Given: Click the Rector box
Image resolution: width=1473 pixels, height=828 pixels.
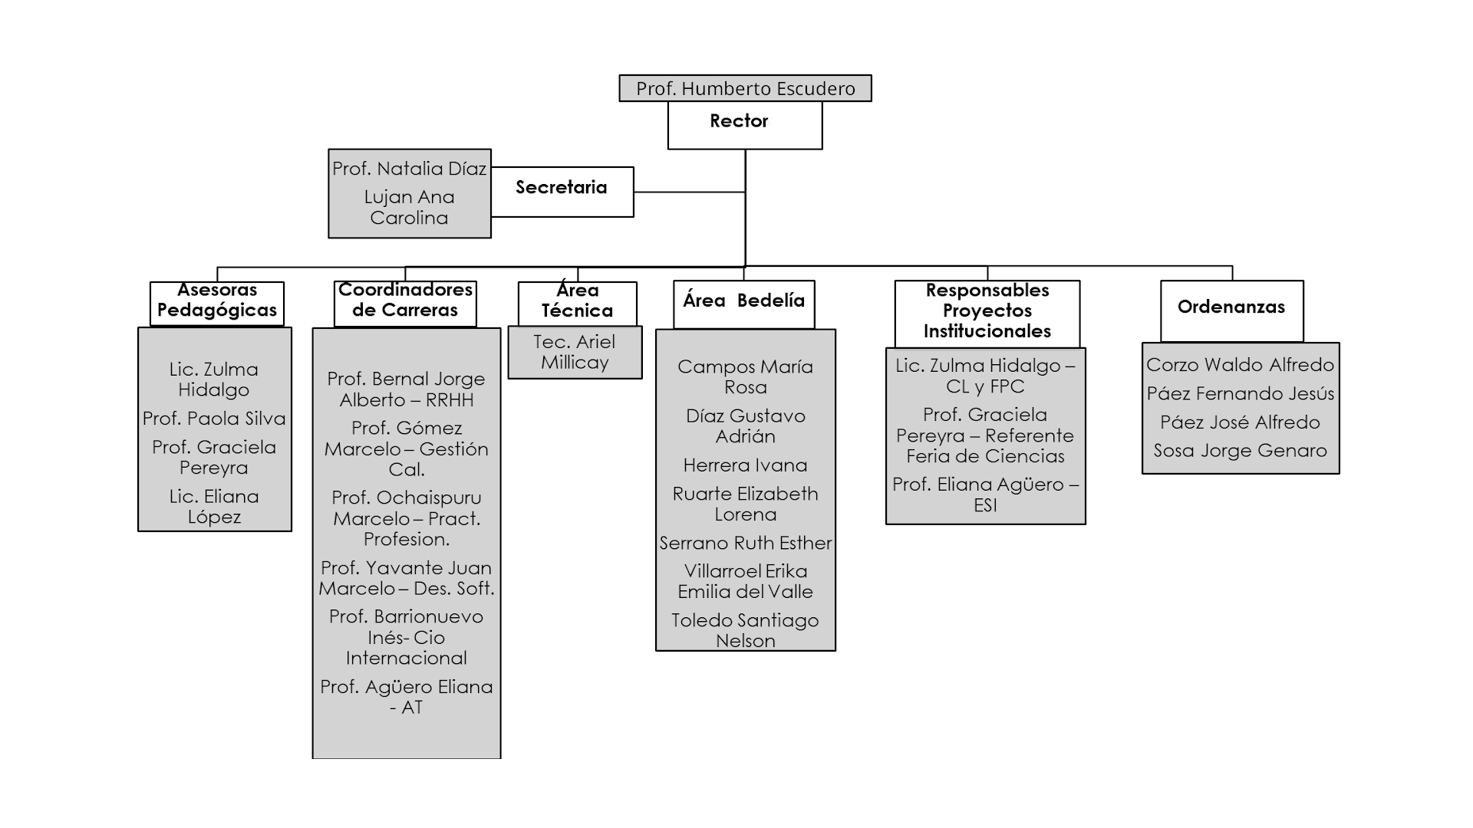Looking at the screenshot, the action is coord(745,125).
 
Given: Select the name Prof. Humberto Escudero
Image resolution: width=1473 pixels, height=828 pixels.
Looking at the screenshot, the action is coord(746,89).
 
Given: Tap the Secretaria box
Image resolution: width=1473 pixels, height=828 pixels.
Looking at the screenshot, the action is coord(562,192).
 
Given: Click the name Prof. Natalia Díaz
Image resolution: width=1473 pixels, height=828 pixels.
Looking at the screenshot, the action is coord(410,169).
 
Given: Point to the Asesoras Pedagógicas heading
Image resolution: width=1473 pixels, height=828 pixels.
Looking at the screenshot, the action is coord(217,301).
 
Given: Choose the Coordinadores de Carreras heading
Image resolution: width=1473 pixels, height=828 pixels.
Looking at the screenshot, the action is coord(405,301).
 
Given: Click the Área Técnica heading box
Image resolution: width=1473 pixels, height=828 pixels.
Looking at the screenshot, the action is coord(578,304).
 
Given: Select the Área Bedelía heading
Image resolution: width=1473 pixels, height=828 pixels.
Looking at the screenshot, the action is coord(744,300).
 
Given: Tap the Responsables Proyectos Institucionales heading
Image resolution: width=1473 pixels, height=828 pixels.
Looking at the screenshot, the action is coord(987,310).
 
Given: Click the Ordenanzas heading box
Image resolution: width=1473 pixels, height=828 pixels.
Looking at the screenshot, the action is coord(1232,310).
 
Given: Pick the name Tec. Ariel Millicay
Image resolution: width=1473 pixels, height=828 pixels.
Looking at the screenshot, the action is coord(575,352).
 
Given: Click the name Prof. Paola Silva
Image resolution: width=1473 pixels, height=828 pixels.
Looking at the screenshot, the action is coord(214,419).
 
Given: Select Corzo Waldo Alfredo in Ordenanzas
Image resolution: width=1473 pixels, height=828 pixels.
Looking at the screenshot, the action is coord(1241,365).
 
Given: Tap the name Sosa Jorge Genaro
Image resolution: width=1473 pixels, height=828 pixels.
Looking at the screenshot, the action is coord(1241,451).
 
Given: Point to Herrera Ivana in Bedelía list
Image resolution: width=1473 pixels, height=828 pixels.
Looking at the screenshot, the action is coord(746,465).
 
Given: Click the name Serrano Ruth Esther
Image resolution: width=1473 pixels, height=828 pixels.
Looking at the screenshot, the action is coord(746,544).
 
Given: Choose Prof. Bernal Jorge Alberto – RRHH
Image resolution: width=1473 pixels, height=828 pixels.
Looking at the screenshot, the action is coord(407,389).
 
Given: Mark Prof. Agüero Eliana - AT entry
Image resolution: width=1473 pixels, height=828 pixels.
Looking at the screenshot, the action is coord(407,697).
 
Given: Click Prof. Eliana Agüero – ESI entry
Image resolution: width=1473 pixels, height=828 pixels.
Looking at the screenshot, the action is coord(986,495).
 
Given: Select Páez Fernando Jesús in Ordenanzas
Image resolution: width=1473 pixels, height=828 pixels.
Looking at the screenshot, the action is coord(1241,394).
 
